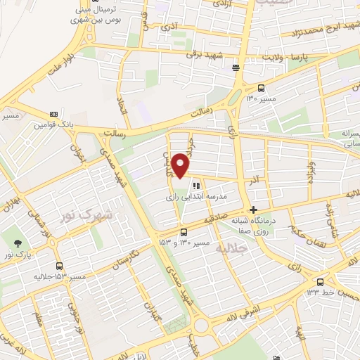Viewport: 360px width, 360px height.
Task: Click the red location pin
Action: coord(181,165)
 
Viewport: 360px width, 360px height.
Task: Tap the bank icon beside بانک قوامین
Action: coord(53,114)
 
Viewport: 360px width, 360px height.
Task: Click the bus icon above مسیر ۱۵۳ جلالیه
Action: coord(58,266)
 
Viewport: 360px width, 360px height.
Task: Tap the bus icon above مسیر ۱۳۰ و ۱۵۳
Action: coord(184,232)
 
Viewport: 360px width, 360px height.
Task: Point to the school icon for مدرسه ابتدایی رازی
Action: coord(196,186)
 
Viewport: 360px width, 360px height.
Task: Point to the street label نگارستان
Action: coord(125,264)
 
